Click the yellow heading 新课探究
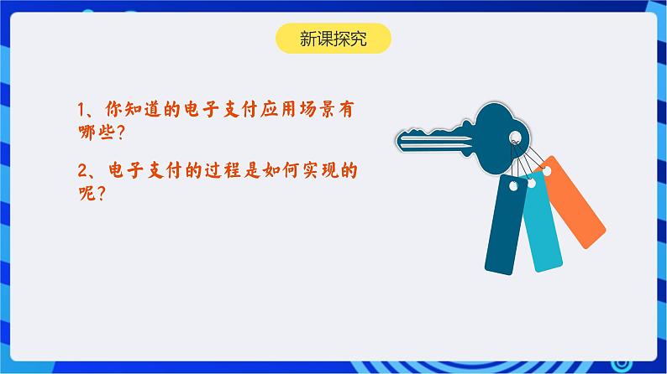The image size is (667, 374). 333,38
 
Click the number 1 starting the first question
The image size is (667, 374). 81,109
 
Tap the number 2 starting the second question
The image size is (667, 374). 81,171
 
